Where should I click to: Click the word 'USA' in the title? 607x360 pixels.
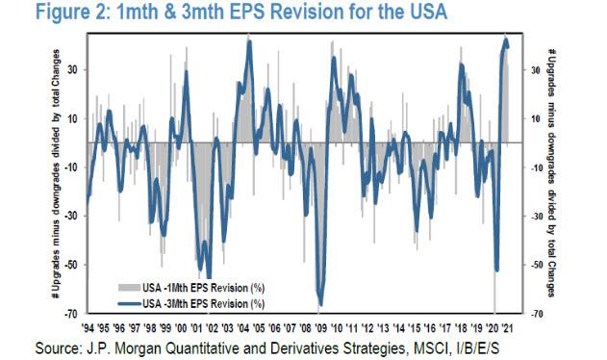[378, 13]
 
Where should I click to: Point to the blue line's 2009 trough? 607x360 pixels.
[320, 302]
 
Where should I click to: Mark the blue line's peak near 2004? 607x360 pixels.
[249, 41]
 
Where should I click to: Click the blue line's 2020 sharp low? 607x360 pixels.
[497, 270]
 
